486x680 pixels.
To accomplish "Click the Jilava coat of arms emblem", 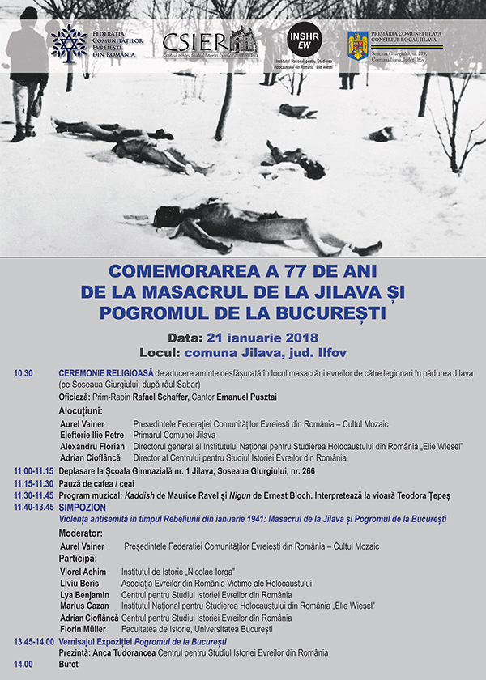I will click(x=357, y=45).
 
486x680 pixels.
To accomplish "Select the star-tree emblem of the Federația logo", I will click(x=69, y=43).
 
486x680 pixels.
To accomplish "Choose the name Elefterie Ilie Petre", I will click(x=91, y=435).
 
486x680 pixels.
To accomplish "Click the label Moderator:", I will click(x=81, y=534).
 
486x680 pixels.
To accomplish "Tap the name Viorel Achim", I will click(x=83, y=572).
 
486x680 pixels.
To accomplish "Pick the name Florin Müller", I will click(x=83, y=628).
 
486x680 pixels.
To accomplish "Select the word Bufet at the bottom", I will click(x=70, y=665).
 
